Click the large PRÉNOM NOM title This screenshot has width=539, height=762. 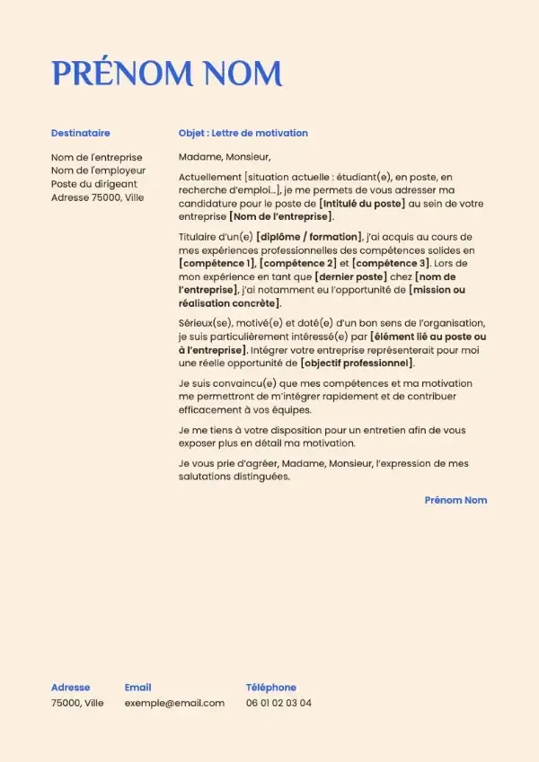pos(166,73)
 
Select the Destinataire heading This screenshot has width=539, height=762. pos(81,133)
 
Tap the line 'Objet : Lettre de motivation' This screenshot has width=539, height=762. pos(243,133)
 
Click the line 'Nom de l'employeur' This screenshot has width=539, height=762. pos(98,170)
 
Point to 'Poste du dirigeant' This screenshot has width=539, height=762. pos(93,183)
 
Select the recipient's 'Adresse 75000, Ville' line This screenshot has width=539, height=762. pos(97,197)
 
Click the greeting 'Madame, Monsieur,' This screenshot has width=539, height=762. pos(224,157)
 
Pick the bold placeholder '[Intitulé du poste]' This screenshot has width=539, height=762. pos(362,204)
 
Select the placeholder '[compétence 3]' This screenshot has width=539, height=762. pos(391,263)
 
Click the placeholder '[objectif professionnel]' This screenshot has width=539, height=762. pos(358,363)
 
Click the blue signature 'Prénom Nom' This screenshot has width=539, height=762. pos(455,500)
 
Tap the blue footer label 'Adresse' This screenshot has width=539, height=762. pos(71,688)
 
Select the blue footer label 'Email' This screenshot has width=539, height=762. pos(137,688)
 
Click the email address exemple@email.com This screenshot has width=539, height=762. pos(174,703)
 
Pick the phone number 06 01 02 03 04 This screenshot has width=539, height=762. pos(278,703)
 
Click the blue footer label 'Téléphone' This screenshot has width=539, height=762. pos(270,688)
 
